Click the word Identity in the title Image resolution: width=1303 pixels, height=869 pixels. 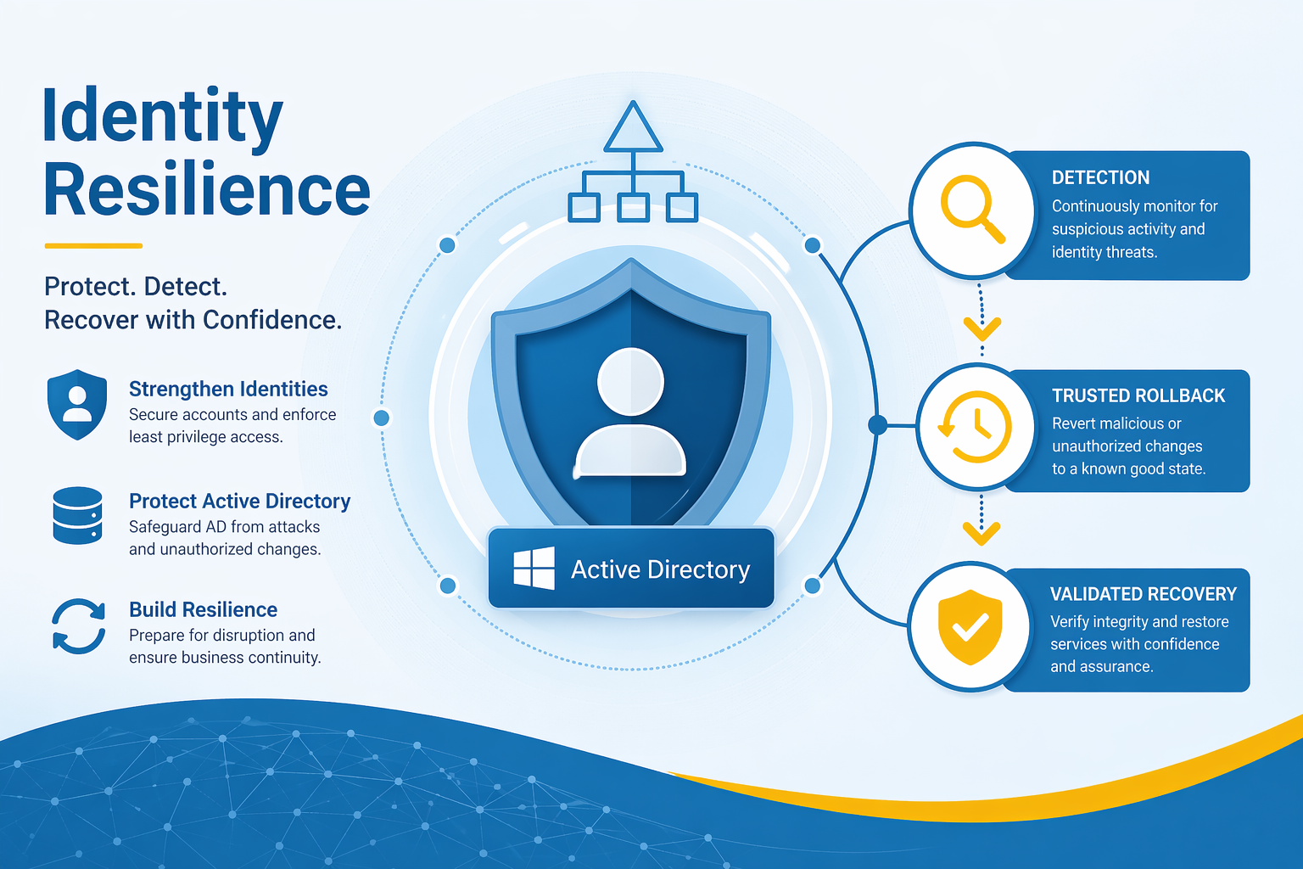(x=162, y=118)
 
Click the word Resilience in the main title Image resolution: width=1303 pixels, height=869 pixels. (x=206, y=191)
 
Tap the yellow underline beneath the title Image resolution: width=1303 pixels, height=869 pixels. (x=93, y=246)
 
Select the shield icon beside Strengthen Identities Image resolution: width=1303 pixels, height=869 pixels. (x=77, y=404)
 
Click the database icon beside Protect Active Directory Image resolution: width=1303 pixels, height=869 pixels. (x=77, y=515)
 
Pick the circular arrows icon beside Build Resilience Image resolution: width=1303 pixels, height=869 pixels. (x=79, y=626)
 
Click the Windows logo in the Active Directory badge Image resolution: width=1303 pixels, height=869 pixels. (x=534, y=569)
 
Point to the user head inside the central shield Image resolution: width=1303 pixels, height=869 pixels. (x=630, y=381)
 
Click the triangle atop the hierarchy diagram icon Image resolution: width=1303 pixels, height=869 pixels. (x=632, y=129)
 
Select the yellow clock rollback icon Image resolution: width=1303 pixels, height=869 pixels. (x=976, y=427)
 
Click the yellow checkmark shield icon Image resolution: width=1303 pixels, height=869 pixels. (x=970, y=627)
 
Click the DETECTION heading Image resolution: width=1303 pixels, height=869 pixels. (x=1100, y=178)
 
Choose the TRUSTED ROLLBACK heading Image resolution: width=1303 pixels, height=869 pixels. (x=1138, y=395)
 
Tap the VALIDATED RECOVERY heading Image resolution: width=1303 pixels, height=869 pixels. (x=1143, y=594)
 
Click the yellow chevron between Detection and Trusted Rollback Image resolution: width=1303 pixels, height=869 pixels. (x=982, y=326)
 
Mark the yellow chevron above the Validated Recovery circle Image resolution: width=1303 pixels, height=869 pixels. (x=981, y=533)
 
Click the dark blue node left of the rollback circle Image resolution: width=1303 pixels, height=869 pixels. (x=878, y=424)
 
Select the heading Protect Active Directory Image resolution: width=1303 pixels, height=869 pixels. (x=239, y=502)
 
